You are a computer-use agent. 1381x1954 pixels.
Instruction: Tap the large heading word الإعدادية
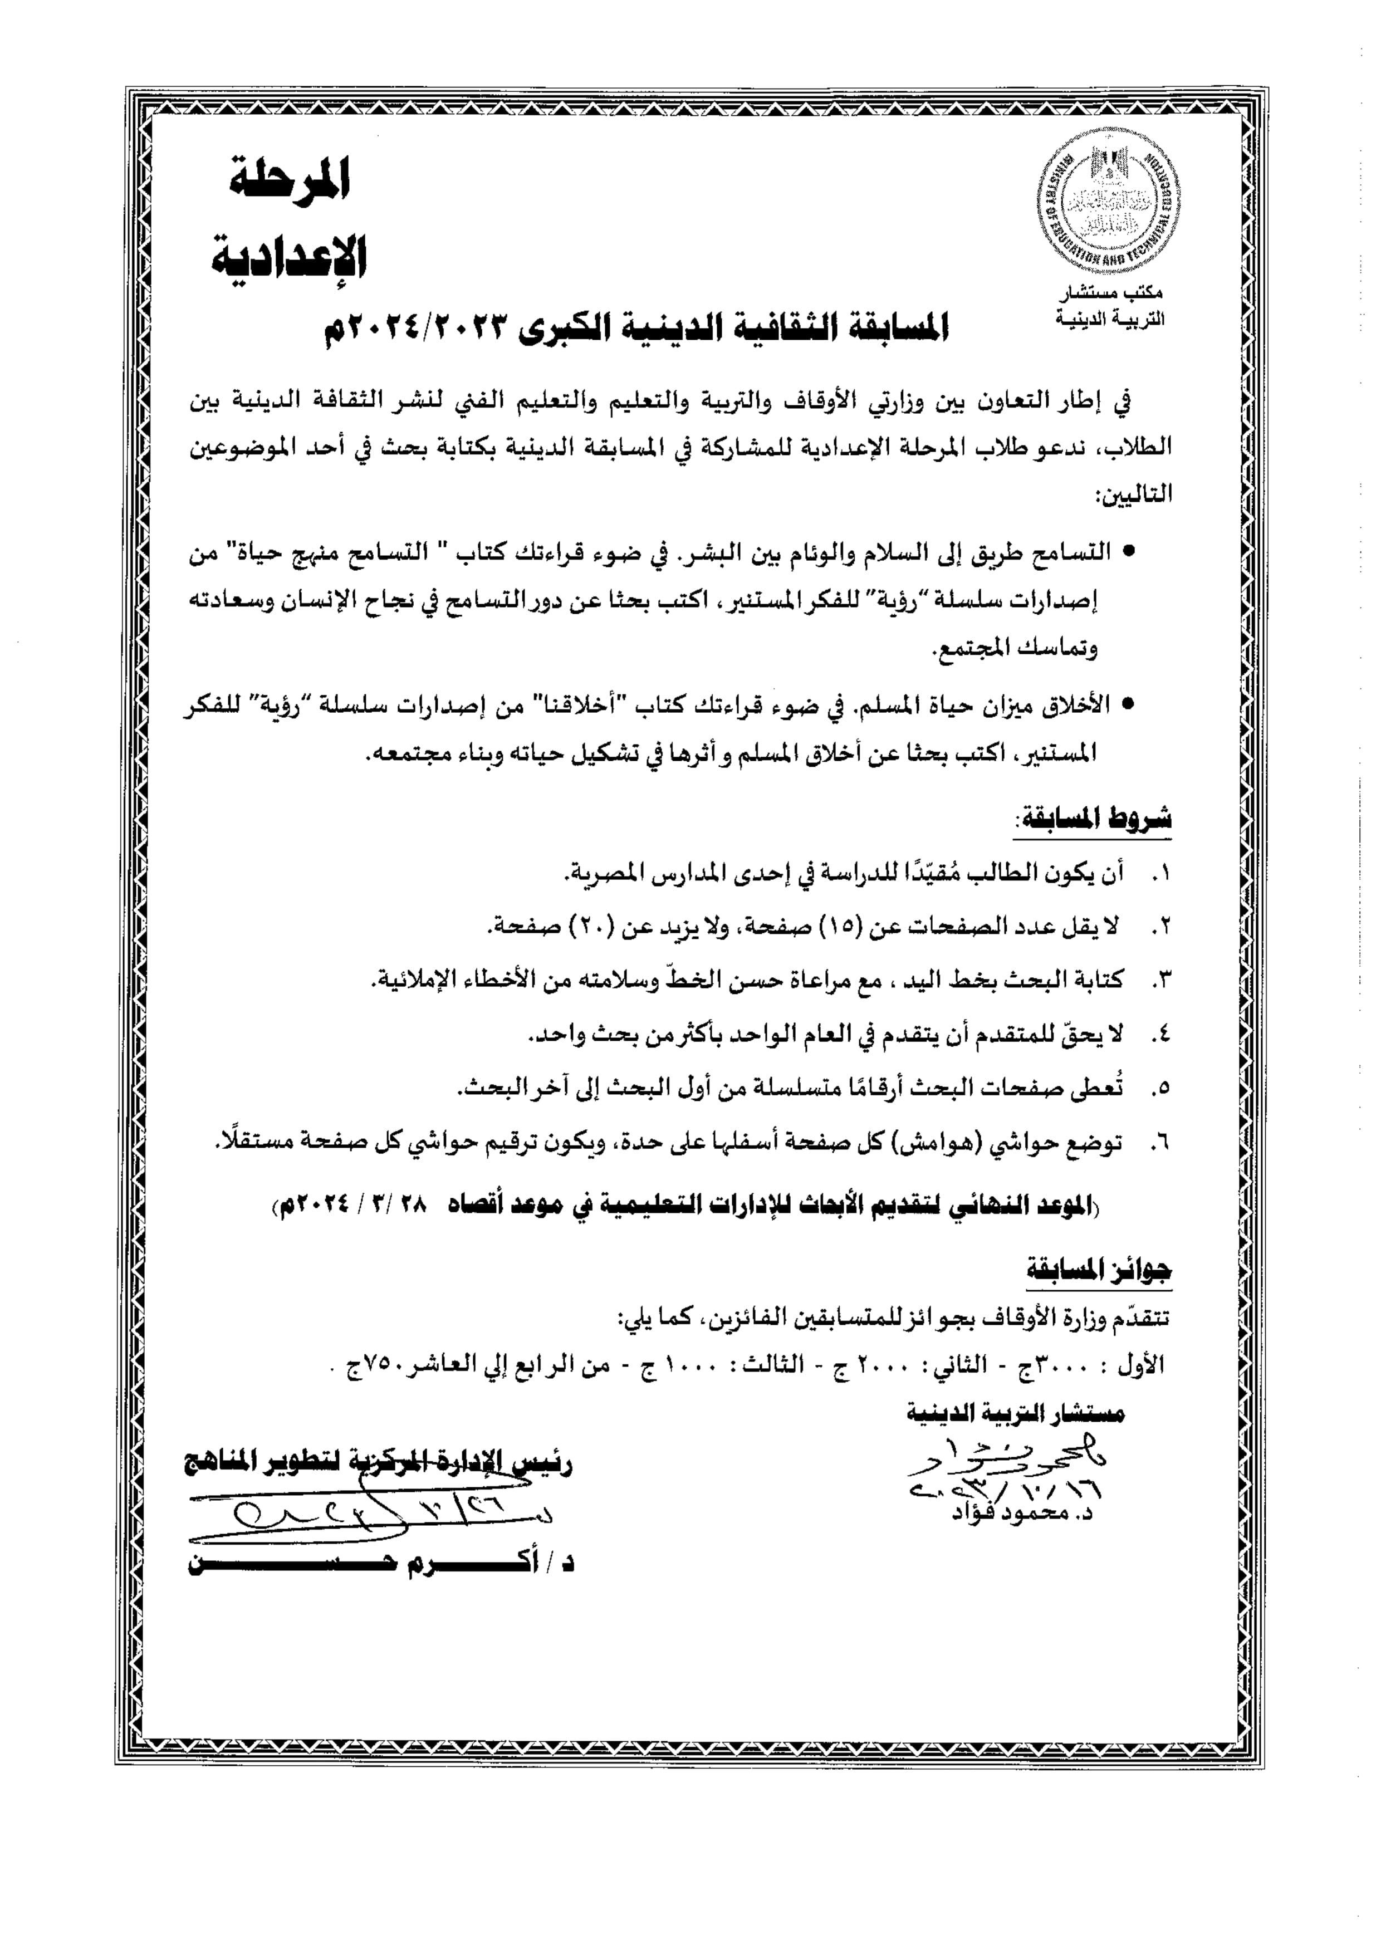(290, 255)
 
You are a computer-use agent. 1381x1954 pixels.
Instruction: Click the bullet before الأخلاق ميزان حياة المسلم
(1129, 704)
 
